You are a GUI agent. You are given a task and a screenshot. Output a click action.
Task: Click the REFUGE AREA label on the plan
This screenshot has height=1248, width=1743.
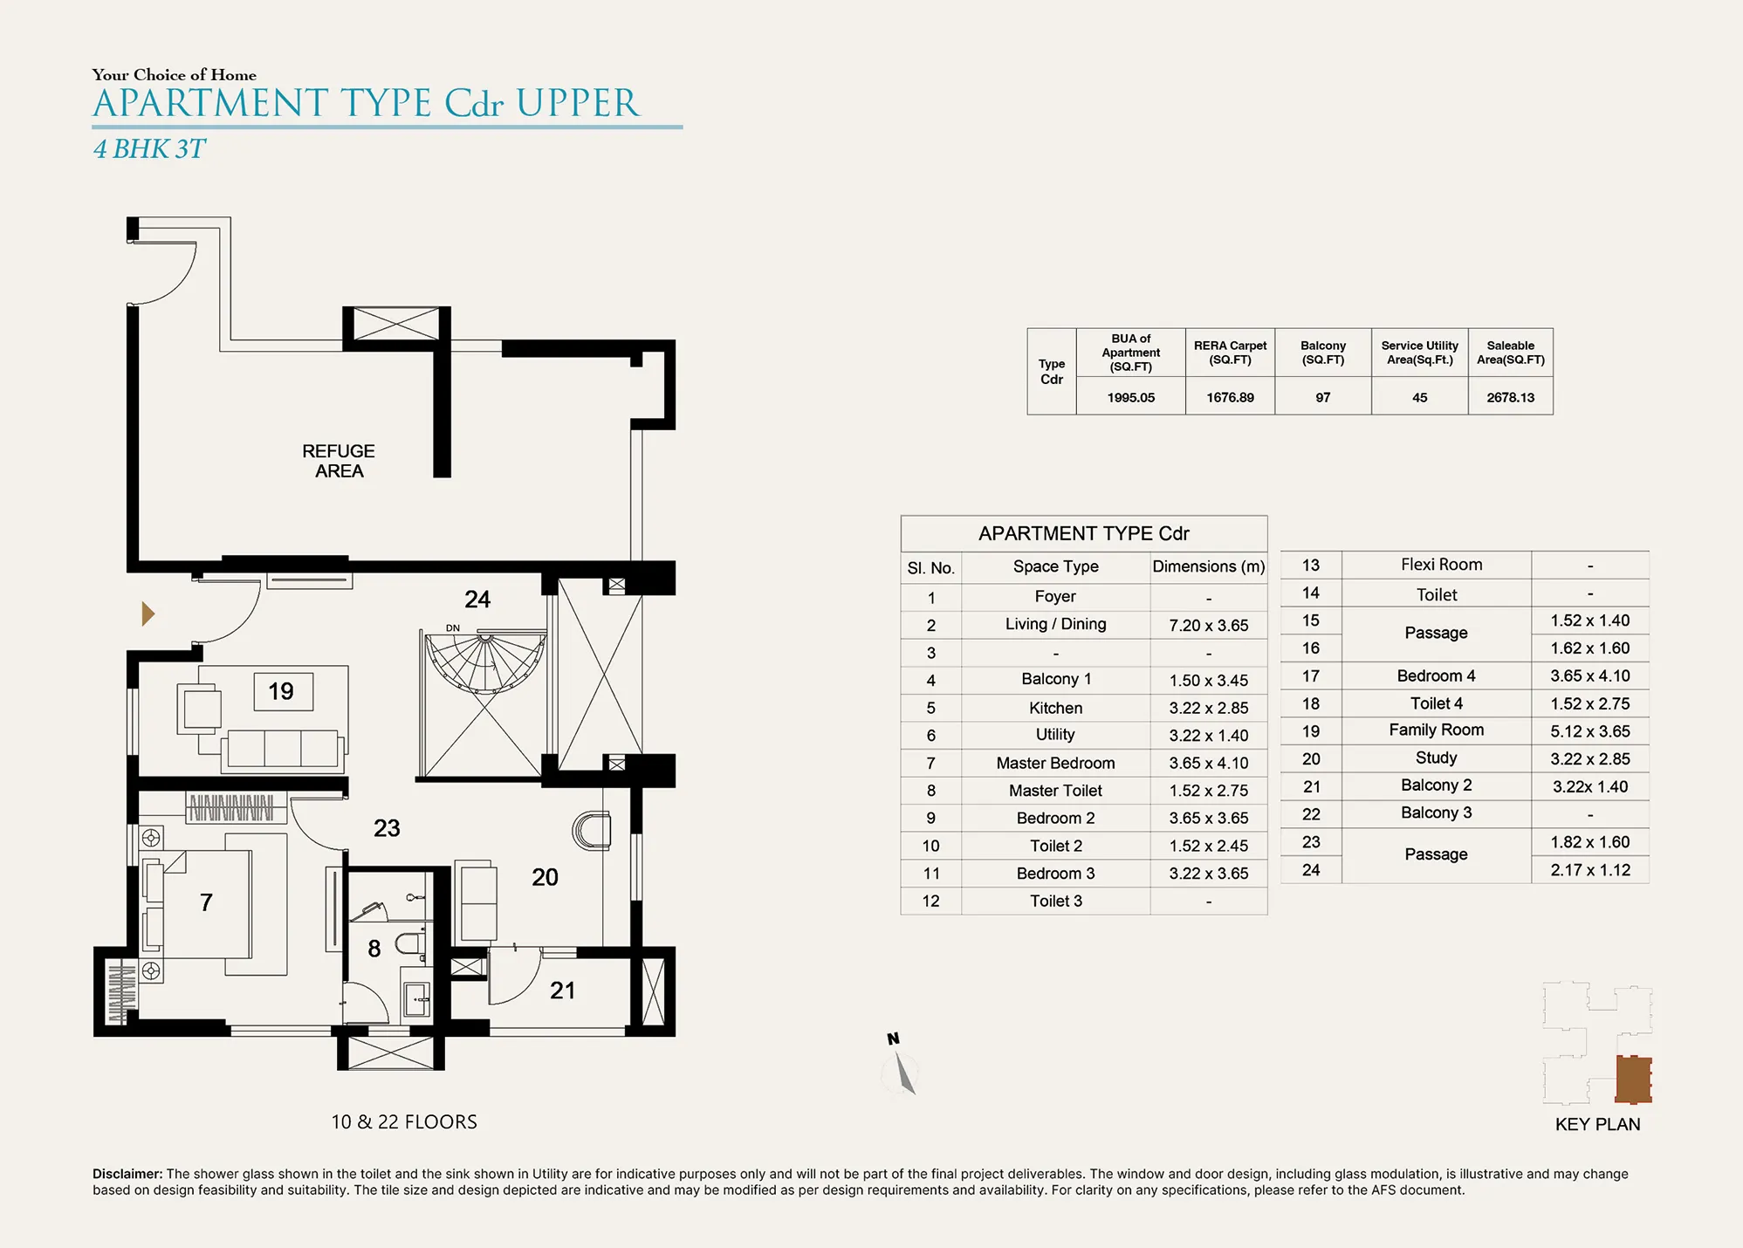pyautogui.click(x=339, y=461)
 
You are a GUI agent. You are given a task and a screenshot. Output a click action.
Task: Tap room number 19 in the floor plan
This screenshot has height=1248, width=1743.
pyautogui.click(x=281, y=691)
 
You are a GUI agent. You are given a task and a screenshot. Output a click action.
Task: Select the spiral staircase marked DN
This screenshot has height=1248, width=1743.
pyautogui.click(x=485, y=663)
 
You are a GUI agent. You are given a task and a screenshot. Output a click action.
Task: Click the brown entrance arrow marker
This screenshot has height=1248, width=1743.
pyautogui.click(x=148, y=614)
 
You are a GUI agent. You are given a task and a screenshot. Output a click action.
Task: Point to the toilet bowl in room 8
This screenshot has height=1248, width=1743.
pyautogui.click(x=409, y=943)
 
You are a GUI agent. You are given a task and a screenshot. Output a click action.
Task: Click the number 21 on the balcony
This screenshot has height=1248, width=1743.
pyautogui.click(x=563, y=990)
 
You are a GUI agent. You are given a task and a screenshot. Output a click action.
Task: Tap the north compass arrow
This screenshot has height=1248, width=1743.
pyautogui.click(x=904, y=1073)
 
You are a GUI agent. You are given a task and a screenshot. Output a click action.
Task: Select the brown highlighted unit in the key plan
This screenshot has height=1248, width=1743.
pyautogui.click(x=1633, y=1079)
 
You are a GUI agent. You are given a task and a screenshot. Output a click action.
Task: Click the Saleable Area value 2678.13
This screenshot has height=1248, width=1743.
pyautogui.click(x=1510, y=397)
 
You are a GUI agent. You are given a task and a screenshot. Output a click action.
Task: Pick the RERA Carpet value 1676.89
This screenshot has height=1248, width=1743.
pyautogui.click(x=1230, y=397)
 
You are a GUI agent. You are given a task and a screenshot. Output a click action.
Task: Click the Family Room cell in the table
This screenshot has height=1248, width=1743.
pyautogui.click(x=1436, y=730)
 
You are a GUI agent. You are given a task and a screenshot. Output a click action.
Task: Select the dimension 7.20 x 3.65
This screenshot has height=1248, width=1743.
pyautogui.click(x=1209, y=625)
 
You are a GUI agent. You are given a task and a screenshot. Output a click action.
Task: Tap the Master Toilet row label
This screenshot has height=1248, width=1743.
pyautogui.click(x=1055, y=790)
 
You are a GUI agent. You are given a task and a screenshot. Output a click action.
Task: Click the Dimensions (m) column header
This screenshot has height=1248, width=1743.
pyautogui.click(x=1209, y=566)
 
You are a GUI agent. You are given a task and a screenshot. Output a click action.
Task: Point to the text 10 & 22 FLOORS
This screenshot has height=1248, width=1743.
pyautogui.click(x=404, y=1121)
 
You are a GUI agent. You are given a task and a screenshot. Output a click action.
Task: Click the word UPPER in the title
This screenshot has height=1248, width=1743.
pyautogui.click(x=578, y=103)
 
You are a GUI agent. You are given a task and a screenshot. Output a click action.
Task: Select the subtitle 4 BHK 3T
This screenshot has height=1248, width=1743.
pyautogui.click(x=149, y=149)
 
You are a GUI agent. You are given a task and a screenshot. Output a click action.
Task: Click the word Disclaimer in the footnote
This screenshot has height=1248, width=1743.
pyautogui.click(x=127, y=1174)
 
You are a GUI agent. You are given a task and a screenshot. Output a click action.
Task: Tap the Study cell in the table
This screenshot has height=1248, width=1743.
pyautogui.click(x=1436, y=758)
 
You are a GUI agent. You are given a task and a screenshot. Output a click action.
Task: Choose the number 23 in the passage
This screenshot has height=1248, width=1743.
pyautogui.click(x=387, y=827)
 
